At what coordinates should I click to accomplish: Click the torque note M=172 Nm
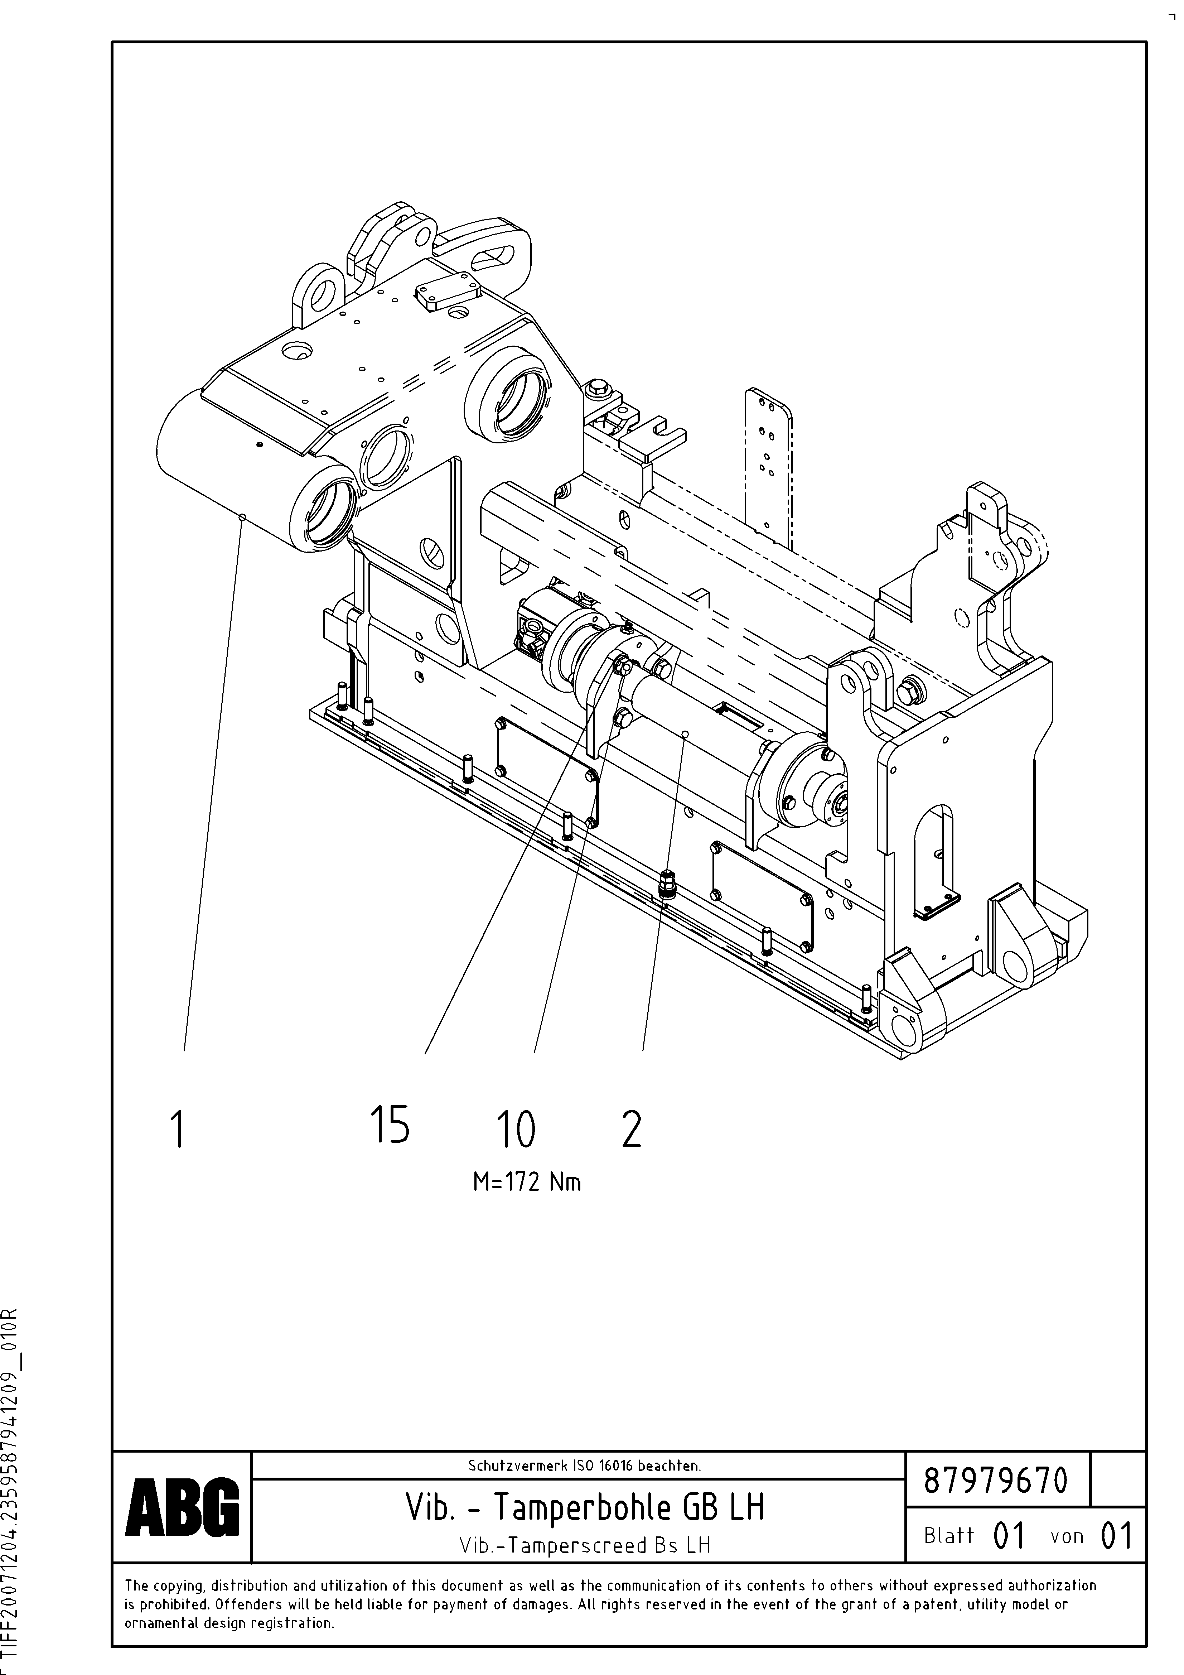(x=527, y=1182)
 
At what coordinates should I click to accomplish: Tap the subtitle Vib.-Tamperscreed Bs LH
(x=585, y=1545)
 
